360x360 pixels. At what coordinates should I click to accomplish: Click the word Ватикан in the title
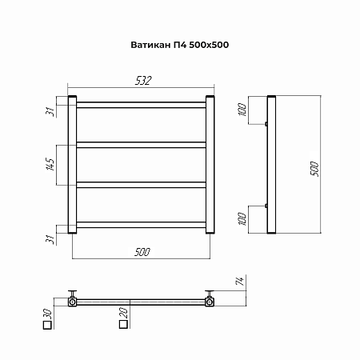[150, 45]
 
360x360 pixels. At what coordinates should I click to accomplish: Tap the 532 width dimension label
[143, 81]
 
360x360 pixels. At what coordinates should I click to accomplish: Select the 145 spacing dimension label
[50, 165]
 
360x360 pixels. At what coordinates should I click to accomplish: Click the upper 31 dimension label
[50, 112]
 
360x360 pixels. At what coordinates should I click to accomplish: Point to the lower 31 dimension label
[50, 239]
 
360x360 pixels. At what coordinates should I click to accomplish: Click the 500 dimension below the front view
[142, 252]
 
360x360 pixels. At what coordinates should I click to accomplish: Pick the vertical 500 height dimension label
[314, 169]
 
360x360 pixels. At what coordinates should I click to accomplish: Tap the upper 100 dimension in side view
[242, 110]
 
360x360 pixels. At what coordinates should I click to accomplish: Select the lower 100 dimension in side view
[242, 219]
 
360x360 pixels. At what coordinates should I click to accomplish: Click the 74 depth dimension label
[240, 281]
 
